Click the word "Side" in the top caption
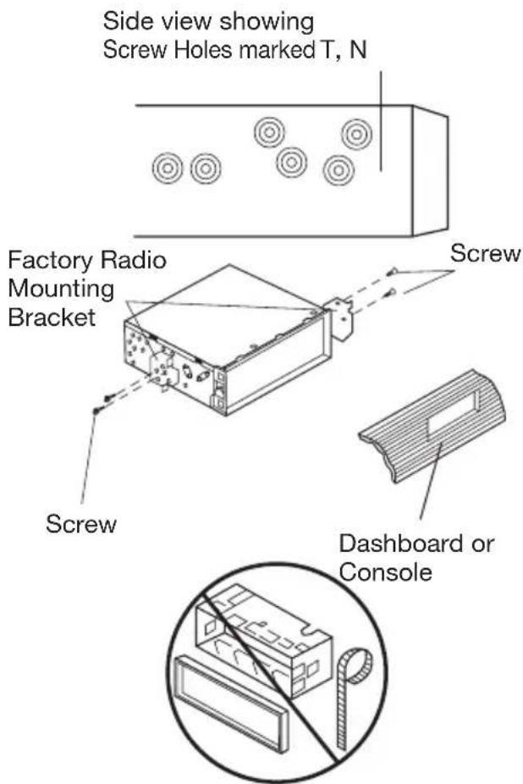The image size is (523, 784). [124, 19]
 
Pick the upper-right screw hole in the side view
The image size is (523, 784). [356, 133]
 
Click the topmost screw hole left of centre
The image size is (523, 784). [270, 132]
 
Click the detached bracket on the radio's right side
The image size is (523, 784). [340, 318]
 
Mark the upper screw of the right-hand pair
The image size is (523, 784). [394, 272]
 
